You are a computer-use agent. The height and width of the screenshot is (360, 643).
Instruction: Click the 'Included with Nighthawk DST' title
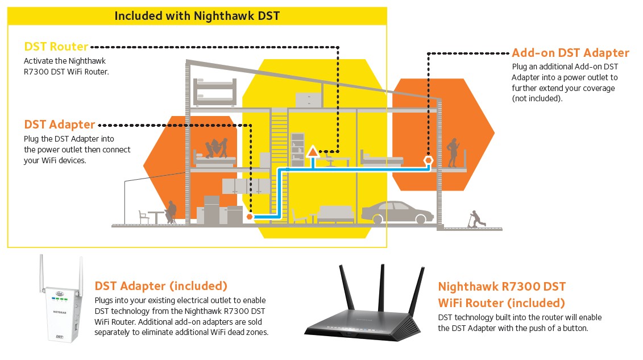pos(197,15)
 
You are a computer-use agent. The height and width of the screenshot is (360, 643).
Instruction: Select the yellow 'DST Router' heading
pos(56,47)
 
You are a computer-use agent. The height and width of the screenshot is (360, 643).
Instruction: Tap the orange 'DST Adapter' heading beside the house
pos(59,125)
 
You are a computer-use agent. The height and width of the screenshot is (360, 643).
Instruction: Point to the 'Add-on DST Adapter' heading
pos(570,53)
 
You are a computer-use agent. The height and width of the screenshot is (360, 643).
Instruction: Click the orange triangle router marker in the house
pos(313,152)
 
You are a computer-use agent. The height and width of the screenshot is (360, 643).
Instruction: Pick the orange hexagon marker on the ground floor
pos(249,217)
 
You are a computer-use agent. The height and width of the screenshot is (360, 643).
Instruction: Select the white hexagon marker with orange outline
pos(428,160)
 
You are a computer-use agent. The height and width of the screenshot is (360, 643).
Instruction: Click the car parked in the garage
pos(397,213)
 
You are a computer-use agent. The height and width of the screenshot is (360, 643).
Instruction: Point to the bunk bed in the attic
pos(214,92)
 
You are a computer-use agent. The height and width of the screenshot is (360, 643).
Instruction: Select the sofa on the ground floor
pos(335,214)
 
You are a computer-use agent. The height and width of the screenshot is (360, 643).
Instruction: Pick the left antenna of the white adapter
pos(42,273)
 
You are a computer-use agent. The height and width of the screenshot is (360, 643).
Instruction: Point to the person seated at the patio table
pos(170,212)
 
